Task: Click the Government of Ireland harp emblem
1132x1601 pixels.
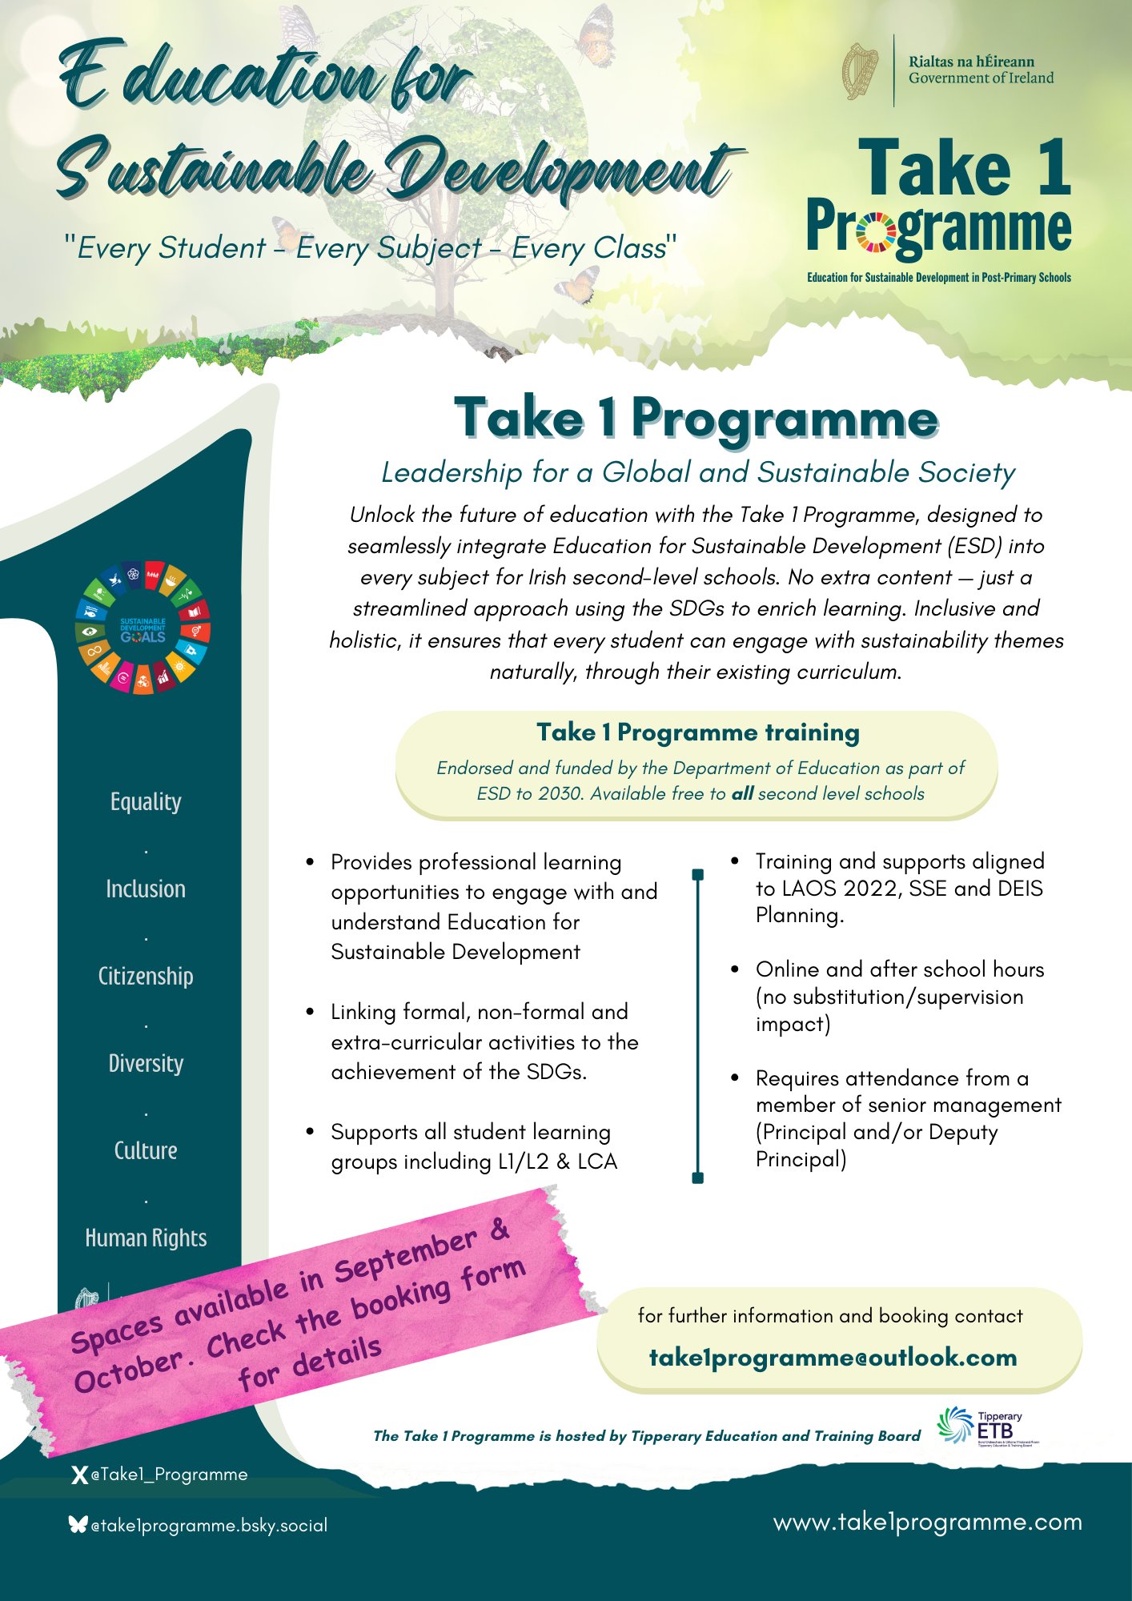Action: click(861, 71)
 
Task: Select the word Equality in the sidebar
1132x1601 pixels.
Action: click(146, 801)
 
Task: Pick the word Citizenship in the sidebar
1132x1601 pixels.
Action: click(146, 976)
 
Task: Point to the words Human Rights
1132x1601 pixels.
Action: click(146, 1238)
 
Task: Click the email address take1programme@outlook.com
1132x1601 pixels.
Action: click(833, 1358)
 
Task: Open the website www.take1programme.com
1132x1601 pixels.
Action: click(927, 1522)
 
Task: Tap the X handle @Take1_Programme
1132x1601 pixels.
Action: click(169, 1475)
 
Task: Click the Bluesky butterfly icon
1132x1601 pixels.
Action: click(78, 1525)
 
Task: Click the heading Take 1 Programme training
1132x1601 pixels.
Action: click(697, 732)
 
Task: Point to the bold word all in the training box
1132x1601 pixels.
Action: click(742, 793)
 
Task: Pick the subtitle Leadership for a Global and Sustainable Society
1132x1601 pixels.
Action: click(697, 472)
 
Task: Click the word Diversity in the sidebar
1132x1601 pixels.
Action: click(146, 1063)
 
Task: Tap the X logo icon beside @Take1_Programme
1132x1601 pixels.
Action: click(78, 1475)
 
